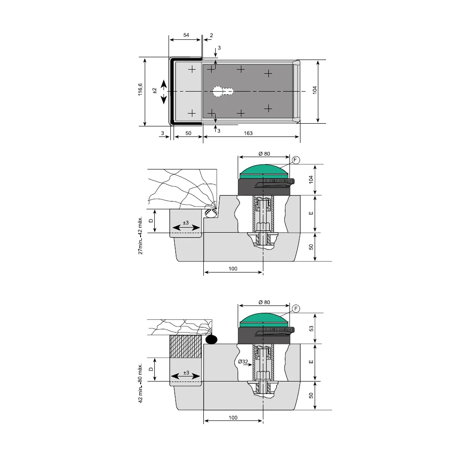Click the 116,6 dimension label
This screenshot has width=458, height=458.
[x=141, y=89]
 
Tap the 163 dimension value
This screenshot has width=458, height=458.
[x=248, y=133]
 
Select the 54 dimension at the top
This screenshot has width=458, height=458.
[x=186, y=35]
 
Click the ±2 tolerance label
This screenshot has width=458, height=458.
[x=155, y=91]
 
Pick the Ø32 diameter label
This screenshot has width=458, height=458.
[x=243, y=361]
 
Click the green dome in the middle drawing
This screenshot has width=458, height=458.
[x=264, y=171]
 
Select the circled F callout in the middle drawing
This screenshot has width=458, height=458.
[x=295, y=160]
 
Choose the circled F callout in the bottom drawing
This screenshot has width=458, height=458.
[x=295, y=309]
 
